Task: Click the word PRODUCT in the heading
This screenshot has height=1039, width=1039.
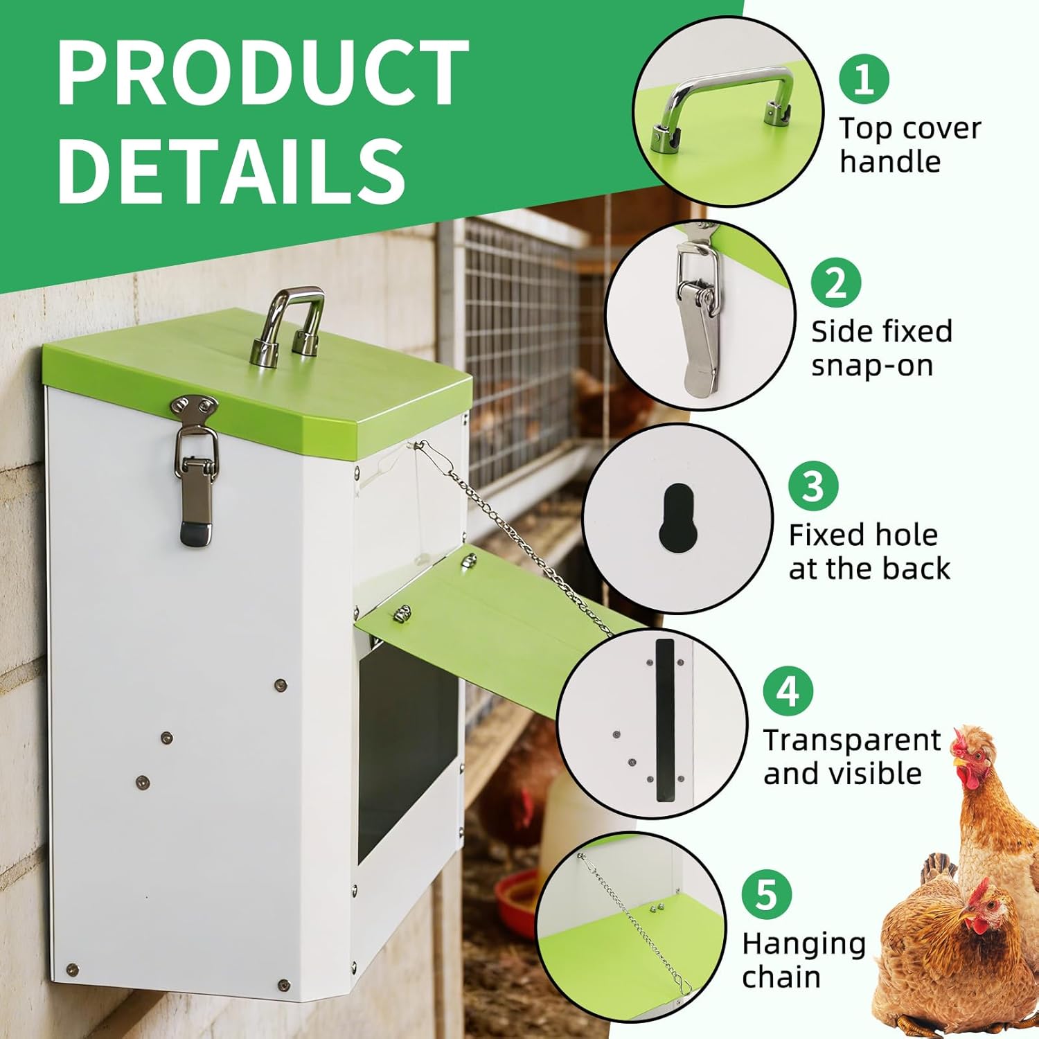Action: point(263,73)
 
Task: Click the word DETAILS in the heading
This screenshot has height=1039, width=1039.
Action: point(232,170)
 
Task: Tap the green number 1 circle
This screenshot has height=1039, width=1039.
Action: point(864,80)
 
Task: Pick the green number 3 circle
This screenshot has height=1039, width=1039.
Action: point(813,486)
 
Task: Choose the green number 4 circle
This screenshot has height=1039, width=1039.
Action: point(788,691)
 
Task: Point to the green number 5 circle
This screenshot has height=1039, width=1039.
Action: point(766,894)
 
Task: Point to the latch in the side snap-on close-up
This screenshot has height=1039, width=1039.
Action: point(700,319)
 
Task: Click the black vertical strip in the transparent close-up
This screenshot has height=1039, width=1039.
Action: point(665,720)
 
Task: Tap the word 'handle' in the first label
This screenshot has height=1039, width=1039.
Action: point(890,163)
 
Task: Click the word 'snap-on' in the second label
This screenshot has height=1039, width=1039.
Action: point(872,366)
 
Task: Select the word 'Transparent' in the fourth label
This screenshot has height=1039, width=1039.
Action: point(852,740)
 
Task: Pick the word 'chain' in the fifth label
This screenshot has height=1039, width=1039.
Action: point(781,977)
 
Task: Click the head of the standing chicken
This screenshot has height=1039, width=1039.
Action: point(973,752)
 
